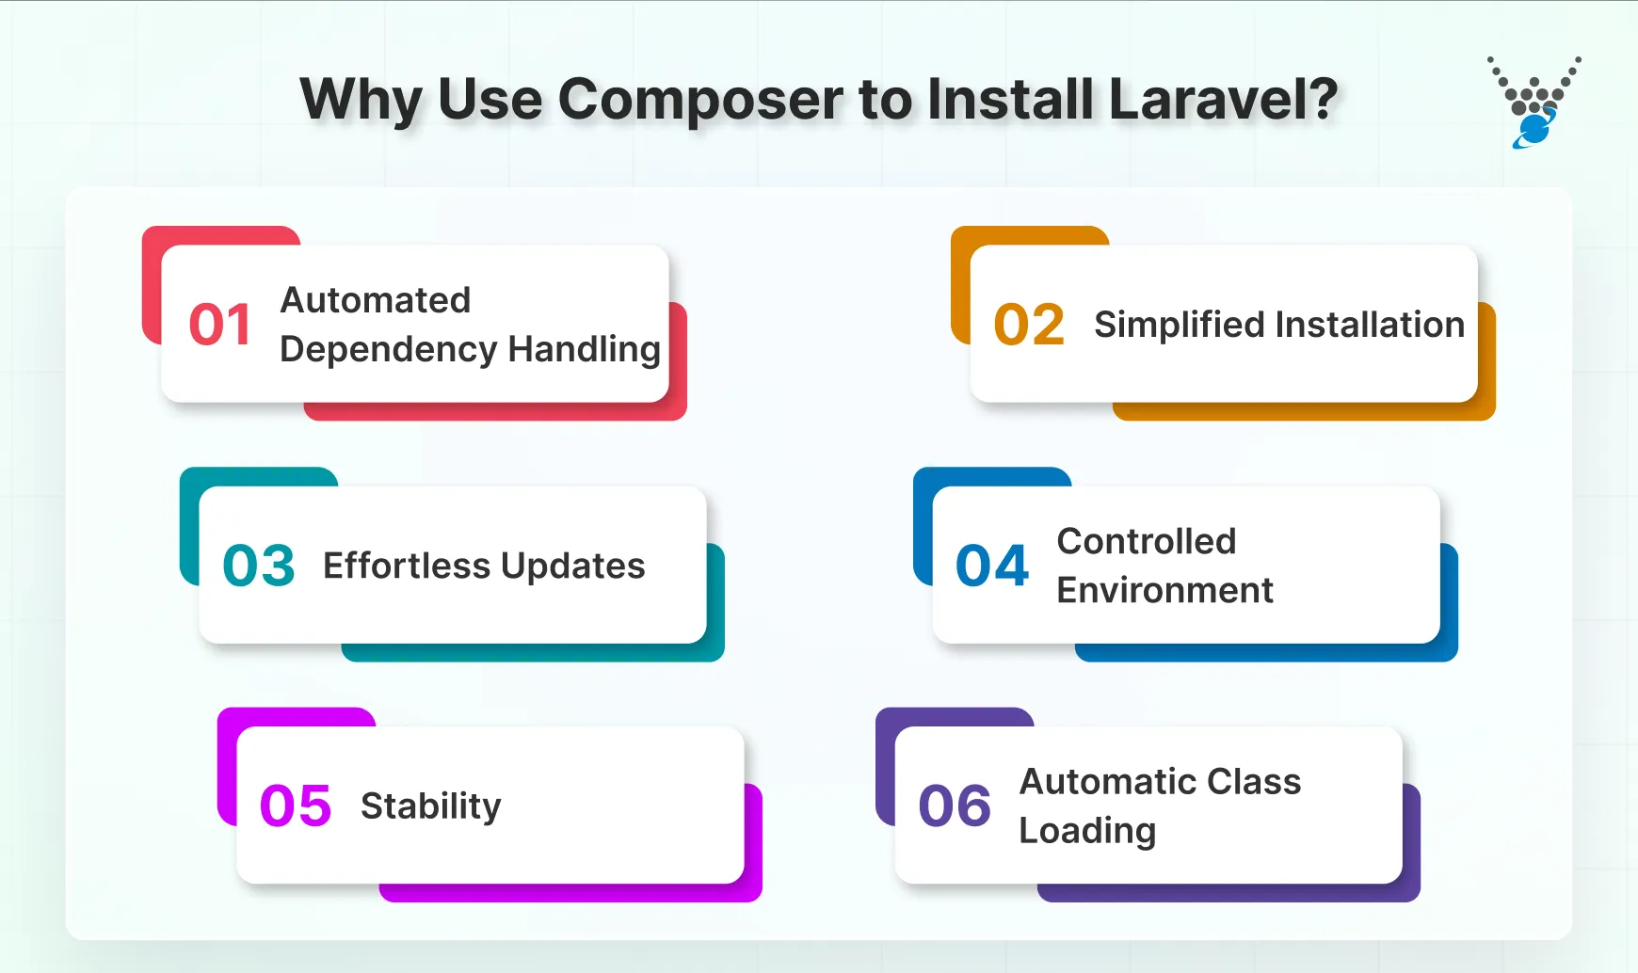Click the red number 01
219,325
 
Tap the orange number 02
1029,325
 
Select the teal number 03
259,566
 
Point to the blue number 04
992,566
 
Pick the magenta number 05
296,806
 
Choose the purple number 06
955,806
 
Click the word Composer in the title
700,100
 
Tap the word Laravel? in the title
1223,98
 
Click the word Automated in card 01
376,300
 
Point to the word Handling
584,350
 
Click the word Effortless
407,566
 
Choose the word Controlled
1146,541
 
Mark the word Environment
1164,590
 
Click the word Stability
430,807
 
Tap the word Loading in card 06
1087,832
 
